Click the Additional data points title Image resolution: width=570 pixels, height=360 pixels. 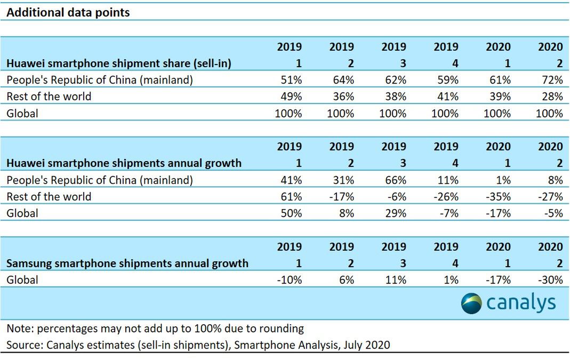point(68,12)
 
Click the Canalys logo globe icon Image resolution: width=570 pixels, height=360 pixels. point(471,303)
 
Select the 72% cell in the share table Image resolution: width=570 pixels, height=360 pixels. point(551,80)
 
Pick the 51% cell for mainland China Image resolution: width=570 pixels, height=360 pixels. point(291,80)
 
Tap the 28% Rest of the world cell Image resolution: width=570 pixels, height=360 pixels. point(551,97)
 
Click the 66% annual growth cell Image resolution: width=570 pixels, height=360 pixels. point(395,180)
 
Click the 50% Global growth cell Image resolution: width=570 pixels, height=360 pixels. point(291,213)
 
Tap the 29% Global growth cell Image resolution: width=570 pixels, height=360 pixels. point(395,213)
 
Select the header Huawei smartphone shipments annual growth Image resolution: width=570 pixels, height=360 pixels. point(124,163)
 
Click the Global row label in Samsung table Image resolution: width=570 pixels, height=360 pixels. point(22,280)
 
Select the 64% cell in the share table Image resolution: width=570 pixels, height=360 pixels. point(343,80)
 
